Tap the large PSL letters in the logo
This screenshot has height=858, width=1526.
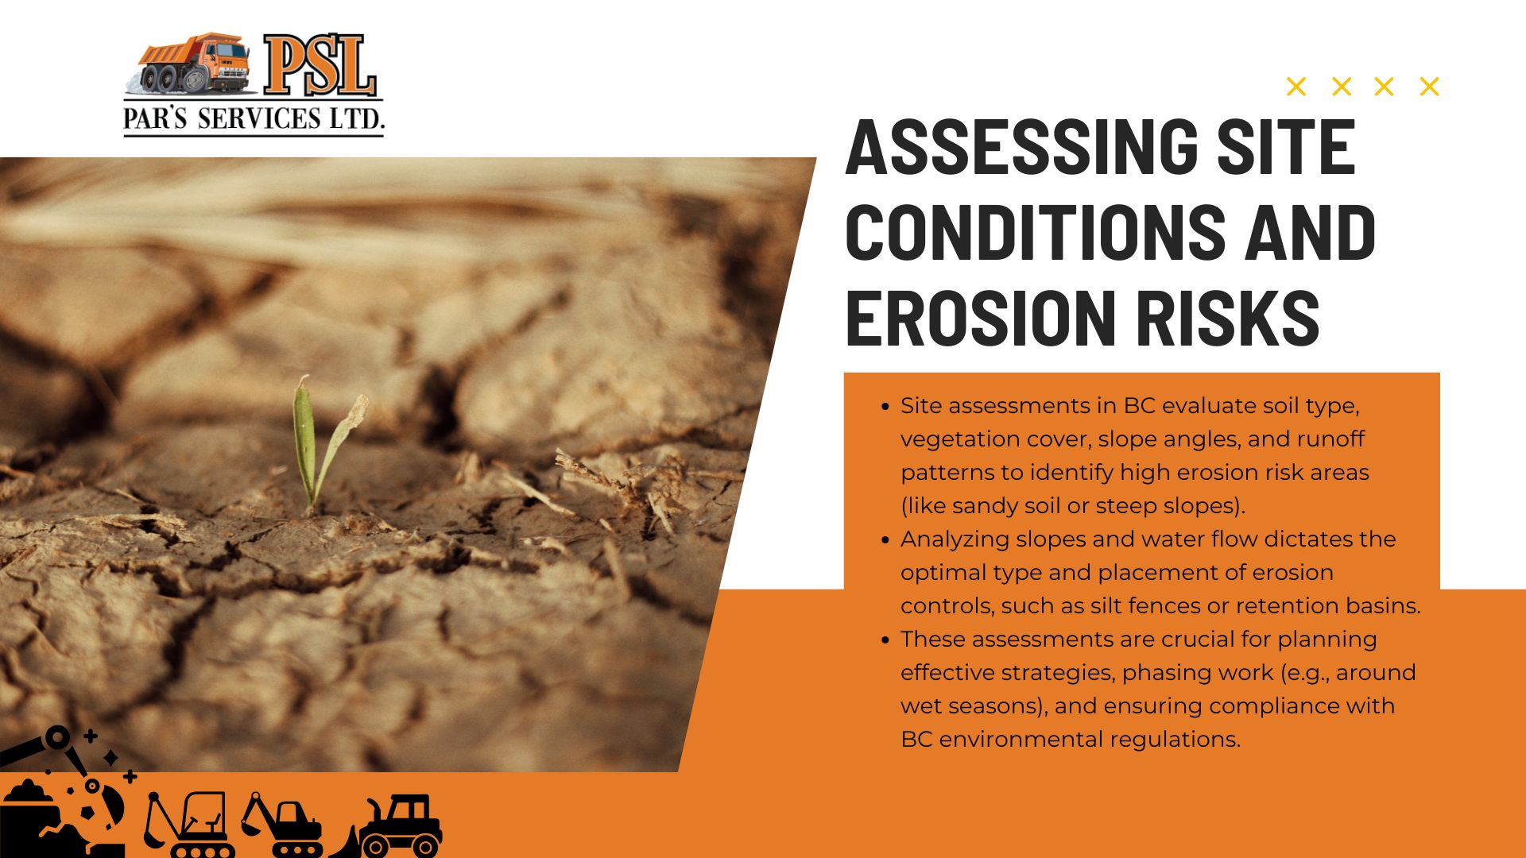coord(320,65)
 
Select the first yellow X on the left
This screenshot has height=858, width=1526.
coord(1296,87)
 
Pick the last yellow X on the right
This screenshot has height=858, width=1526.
coord(1429,87)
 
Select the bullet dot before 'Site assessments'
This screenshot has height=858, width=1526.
coord(885,407)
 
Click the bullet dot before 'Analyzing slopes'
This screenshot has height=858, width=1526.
coord(885,540)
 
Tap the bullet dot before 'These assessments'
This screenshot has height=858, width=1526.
coord(885,640)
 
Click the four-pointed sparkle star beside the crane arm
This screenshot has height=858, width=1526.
coord(111,757)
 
